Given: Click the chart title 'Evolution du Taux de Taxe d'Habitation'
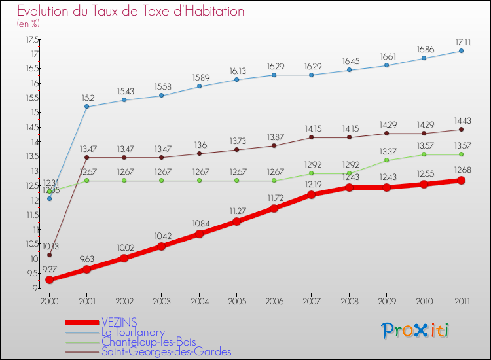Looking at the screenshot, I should click(131, 11).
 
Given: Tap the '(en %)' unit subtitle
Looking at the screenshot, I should click(28, 24).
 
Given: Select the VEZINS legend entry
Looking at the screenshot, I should click(119, 323).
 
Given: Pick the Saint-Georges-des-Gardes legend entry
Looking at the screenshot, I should click(166, 351).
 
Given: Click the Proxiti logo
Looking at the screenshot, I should click(416, 331).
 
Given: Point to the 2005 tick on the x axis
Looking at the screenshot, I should click(237, 301).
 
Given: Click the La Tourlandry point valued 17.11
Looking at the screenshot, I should click(461, 51).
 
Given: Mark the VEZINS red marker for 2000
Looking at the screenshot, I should click(49, 280).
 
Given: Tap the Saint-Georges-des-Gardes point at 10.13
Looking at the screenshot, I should click(49, 255).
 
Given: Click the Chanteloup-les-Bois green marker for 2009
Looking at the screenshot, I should click(386, 160).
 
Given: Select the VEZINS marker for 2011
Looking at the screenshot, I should click(461, 180).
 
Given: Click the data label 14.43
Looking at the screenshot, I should click(461, 120).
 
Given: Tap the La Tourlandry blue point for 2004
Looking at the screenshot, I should click(199, 86).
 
